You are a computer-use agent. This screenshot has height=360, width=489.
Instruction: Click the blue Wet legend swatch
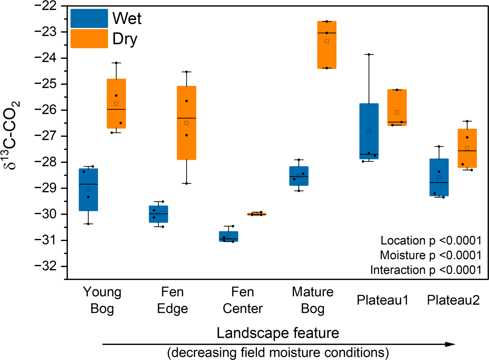pos(89,19)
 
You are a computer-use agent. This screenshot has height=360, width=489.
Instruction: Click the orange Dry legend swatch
pos(89,38)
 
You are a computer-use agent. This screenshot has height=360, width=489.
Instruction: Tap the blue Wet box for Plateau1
pos(369,131)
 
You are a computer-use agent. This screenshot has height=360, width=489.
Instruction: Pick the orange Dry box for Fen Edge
pos(186,123)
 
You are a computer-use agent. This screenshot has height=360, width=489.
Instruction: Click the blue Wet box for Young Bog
pos(88,190)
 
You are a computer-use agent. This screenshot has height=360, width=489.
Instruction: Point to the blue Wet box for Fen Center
pos(229,237)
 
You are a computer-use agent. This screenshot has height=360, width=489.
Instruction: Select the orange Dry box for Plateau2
pos(467,148)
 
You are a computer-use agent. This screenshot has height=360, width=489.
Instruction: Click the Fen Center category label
pos(242,300)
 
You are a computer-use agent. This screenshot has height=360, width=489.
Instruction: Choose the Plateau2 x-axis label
pos(453,300)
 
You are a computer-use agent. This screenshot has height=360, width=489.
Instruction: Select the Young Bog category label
pos(102,300)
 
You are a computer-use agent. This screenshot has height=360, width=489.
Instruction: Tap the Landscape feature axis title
pos(278,333)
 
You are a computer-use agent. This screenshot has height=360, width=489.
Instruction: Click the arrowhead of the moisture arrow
pos(451,344)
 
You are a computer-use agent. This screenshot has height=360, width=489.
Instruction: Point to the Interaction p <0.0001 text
pos(426,270)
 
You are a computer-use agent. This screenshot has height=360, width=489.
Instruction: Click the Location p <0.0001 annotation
pos(431,241)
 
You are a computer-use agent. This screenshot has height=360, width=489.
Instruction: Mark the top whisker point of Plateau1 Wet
pos(369,54)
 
